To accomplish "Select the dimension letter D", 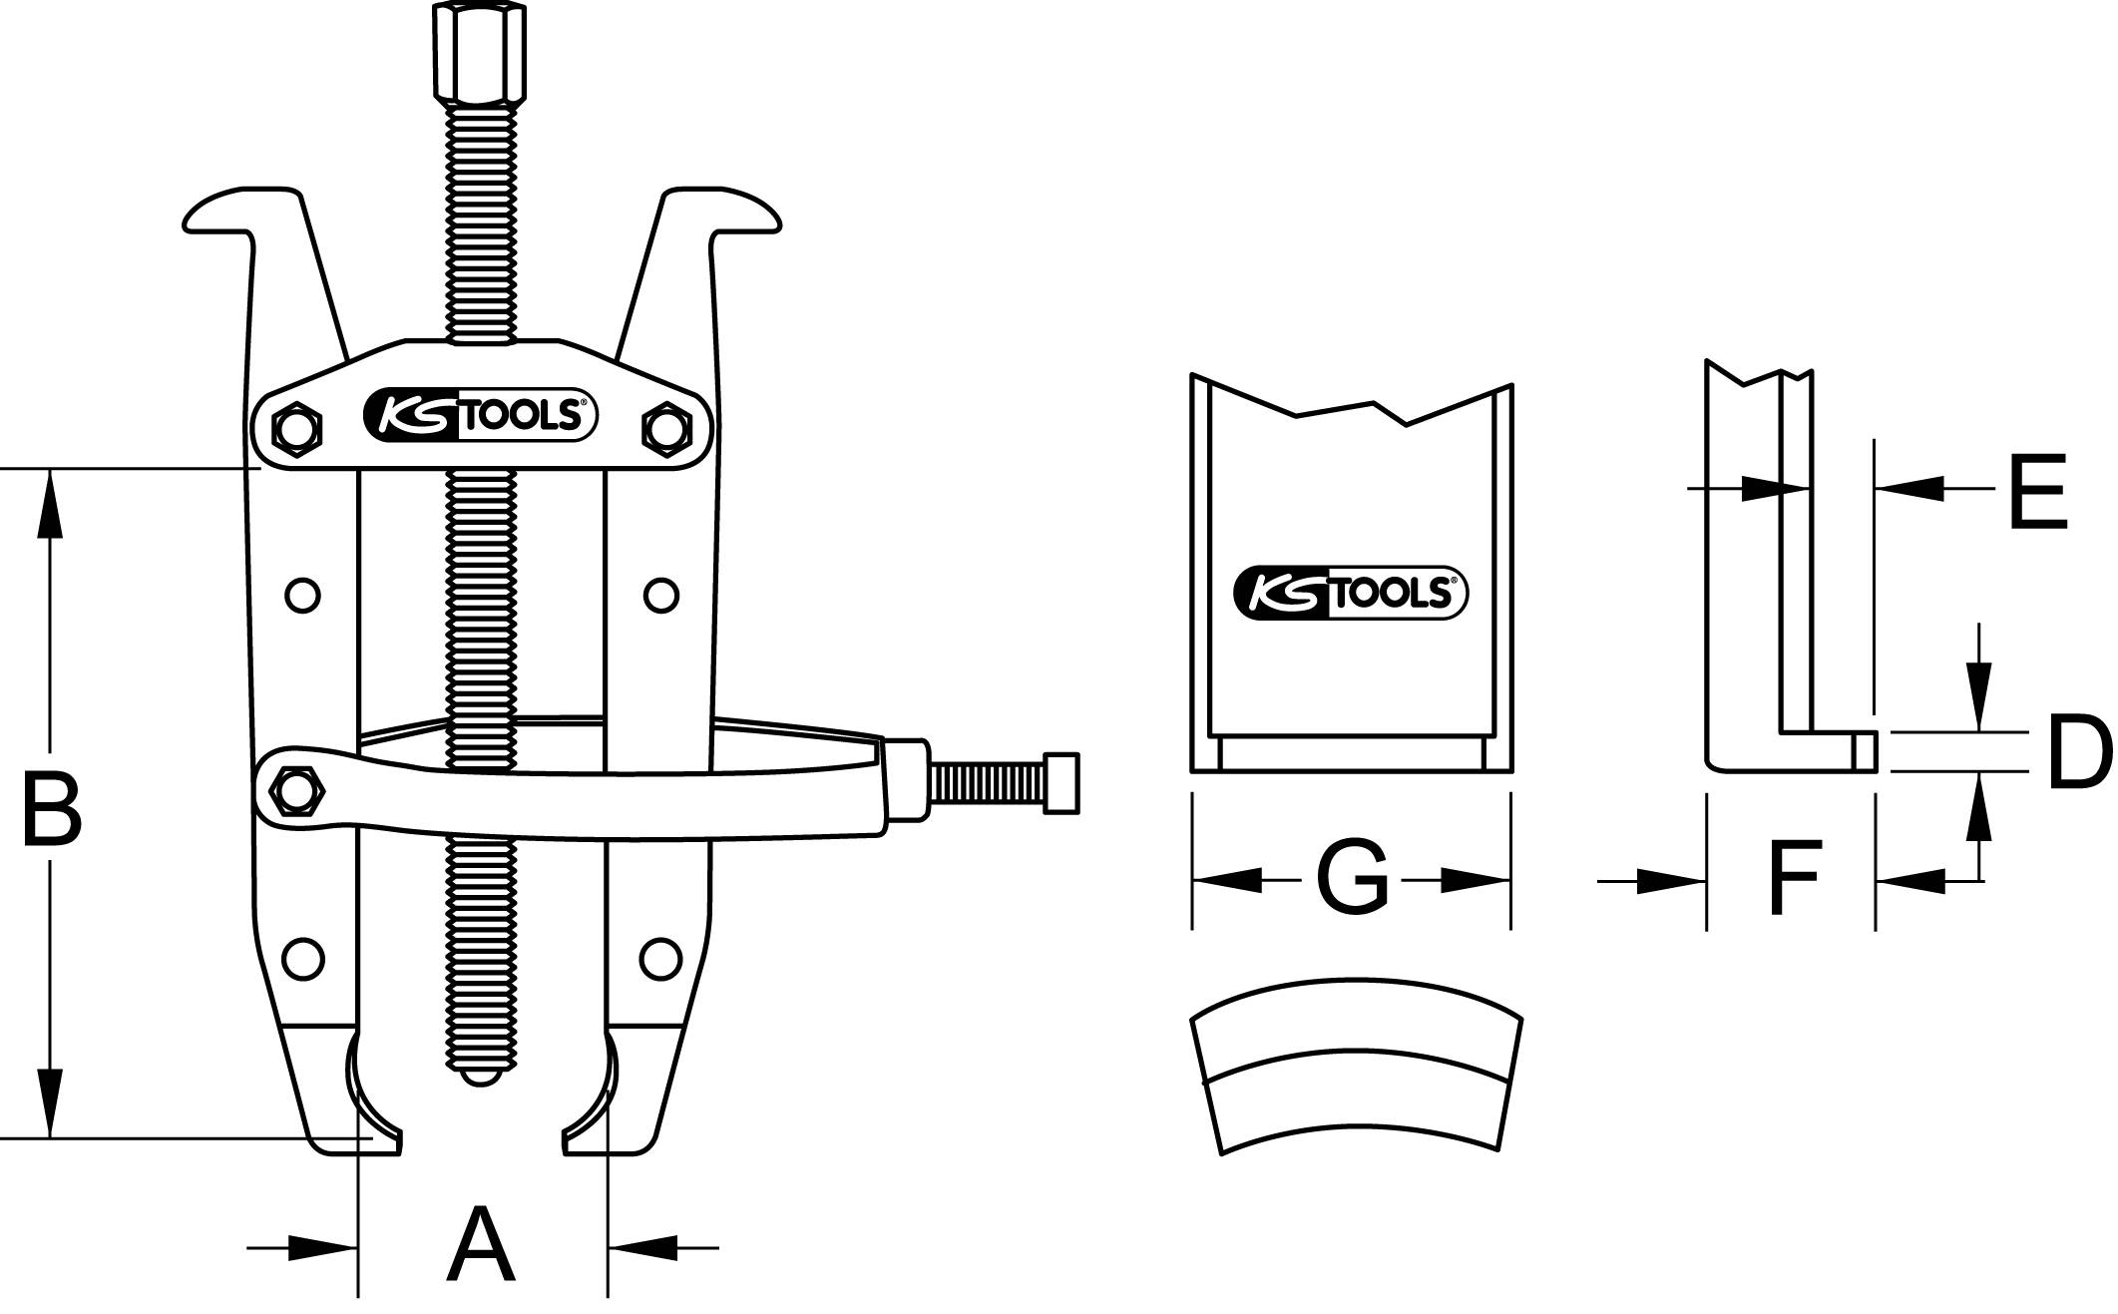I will (2078, 751).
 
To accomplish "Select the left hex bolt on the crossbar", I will (296, 429).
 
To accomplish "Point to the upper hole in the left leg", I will (302, 596).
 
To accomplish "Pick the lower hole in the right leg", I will (658, 958).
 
